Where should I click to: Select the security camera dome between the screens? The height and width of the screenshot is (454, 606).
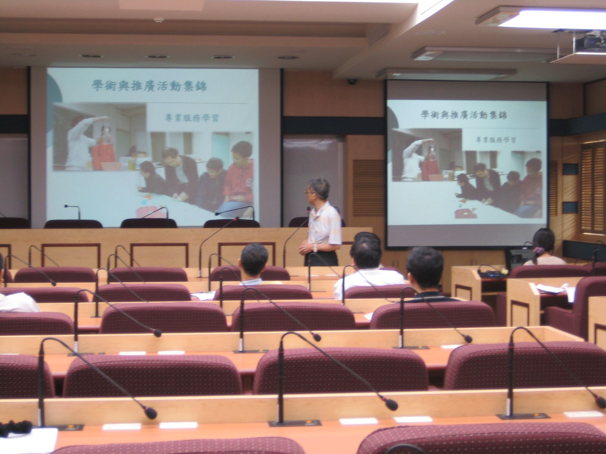click(x=352, y=82)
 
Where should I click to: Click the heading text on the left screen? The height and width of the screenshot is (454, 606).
click(x=149, y=86)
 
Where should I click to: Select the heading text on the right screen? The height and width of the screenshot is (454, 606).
click(x=464, y=115)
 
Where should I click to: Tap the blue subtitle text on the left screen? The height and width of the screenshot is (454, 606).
click(x=191, y=118)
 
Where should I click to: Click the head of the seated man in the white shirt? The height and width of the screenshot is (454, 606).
click(x=365, y=252)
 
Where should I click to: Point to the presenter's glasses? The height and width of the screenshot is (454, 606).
click(x=308, y=192)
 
